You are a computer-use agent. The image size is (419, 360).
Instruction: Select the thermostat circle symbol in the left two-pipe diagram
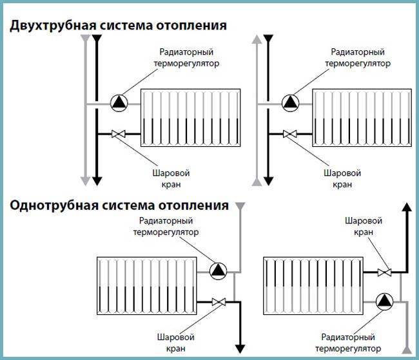119,102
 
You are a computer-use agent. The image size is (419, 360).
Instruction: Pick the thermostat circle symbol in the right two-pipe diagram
290,102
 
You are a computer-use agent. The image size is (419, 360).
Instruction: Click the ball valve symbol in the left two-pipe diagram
119,135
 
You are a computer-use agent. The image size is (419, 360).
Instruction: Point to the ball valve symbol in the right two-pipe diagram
290,135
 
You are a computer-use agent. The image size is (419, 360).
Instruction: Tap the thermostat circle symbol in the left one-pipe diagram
219,270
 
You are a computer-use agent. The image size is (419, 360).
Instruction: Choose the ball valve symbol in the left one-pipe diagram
218,301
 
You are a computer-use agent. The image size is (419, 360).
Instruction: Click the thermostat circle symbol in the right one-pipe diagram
385,301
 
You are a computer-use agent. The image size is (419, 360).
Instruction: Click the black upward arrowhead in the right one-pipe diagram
406,207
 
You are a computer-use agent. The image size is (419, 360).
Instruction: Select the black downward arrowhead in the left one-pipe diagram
240,348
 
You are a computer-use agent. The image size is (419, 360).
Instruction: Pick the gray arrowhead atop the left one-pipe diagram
240,207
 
